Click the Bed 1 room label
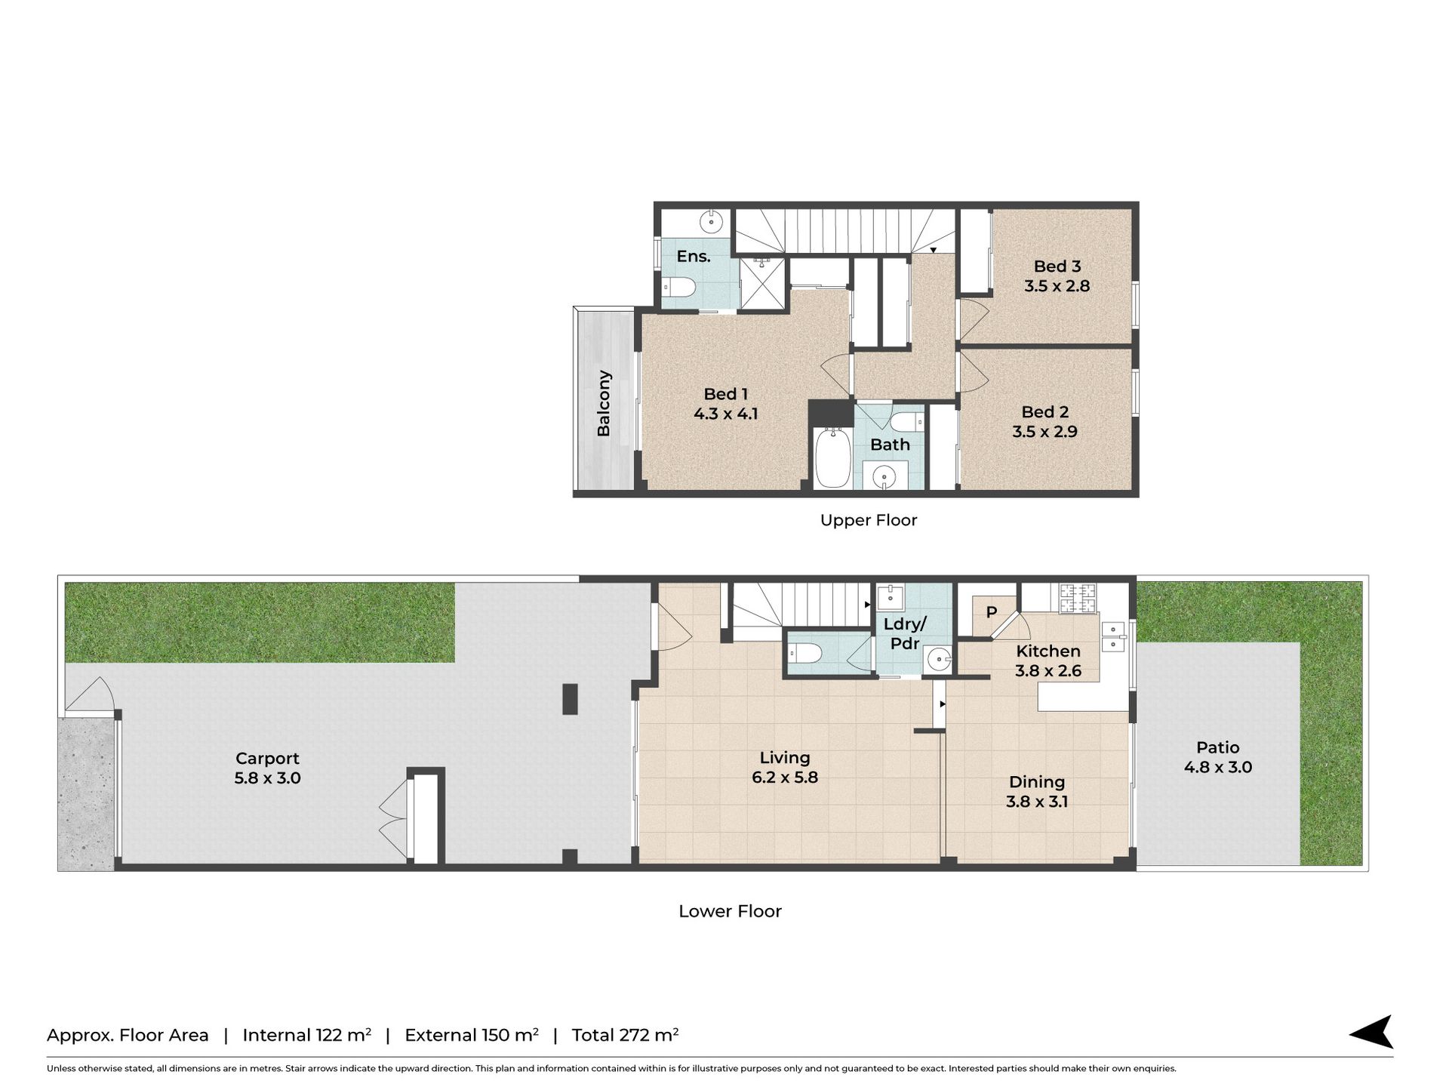725,394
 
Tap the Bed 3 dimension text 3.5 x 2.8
1057,286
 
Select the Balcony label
604,403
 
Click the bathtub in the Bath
833,458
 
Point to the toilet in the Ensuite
678,287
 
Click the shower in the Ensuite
763,283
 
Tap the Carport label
267,759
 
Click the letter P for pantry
992,612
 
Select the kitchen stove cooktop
1078,599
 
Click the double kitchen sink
1113,636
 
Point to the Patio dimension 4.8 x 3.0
1218,768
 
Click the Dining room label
1037,782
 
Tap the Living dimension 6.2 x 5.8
785,778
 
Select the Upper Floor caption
869,520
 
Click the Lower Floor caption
730,911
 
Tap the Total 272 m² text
625,1035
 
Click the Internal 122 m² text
306,1035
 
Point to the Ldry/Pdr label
905,634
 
